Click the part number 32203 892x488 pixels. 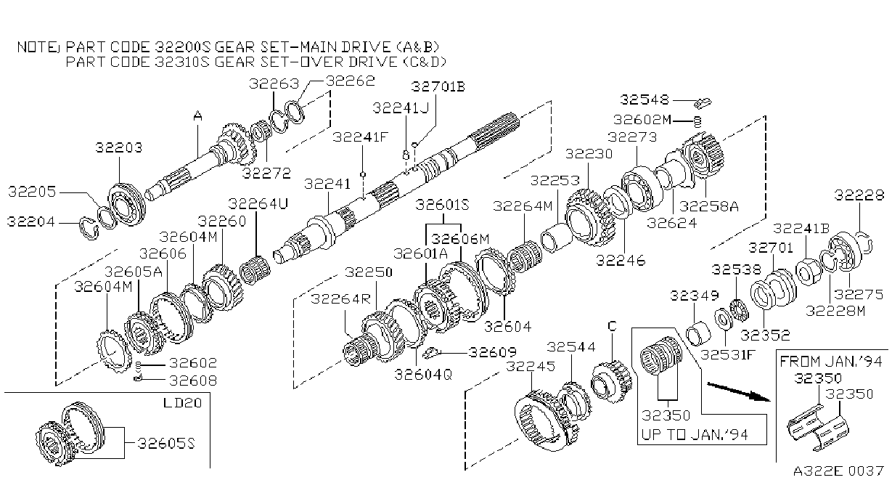[x=119, y=148]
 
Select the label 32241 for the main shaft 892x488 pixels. [x=327, y=184]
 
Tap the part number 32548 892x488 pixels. [x=645, y=99]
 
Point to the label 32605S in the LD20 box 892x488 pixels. [x=166, y=444]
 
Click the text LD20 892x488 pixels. [x=183, y=403]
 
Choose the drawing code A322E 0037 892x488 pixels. [x=838, y=471]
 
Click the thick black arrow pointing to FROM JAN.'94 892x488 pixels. [x=739, y=391]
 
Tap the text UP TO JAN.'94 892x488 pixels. [x=695, y=434]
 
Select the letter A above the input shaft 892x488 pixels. [x=197, y=116]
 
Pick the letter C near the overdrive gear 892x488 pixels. [x=612, y=326]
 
